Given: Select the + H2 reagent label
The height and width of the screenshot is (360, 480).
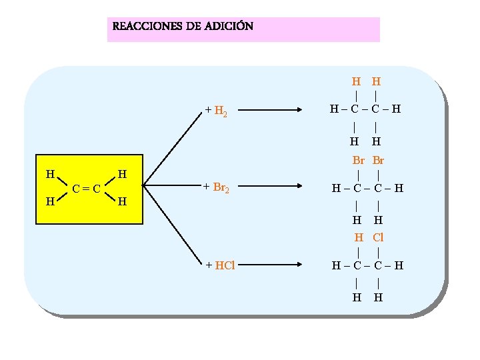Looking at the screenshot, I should tap(217, 111).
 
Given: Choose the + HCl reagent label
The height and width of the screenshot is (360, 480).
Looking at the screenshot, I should tap(220, 265).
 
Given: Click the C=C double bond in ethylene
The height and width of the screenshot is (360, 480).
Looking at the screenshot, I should tap(87, 188).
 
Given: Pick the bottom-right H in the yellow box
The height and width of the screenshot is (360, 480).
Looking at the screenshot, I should tap(122, 201).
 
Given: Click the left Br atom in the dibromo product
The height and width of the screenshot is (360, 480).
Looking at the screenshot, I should tap(359, 161).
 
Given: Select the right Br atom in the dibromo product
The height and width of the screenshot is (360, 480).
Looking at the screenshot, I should tap(378, 161).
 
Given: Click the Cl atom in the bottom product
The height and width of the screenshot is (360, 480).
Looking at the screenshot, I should tap(378, 237).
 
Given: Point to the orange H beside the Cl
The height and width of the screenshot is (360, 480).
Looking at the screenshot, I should tap(359, 237).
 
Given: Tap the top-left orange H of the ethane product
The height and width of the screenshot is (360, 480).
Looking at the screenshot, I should tap(357, 82).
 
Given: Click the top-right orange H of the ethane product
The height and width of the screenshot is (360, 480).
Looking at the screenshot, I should tap(377, 82).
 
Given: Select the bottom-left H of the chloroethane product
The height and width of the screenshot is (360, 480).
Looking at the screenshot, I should tap(357, 297).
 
